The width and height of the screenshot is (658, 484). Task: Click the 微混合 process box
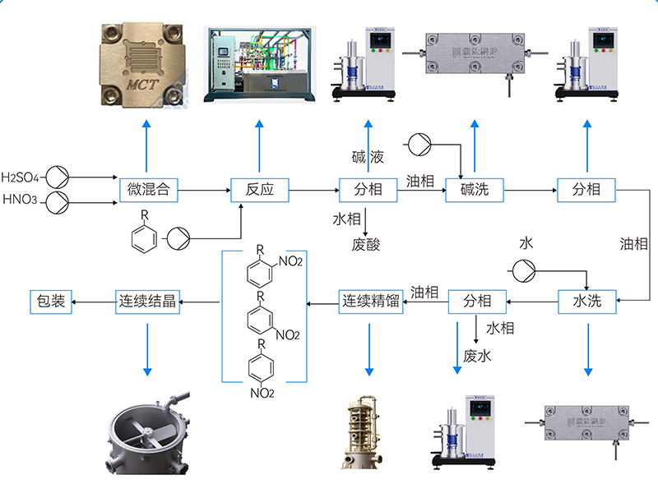(149, 190)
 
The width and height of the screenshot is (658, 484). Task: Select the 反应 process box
(259, 190)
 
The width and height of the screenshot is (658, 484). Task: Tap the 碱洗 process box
(474, 190)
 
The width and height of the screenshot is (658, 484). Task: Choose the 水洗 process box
(586, 302)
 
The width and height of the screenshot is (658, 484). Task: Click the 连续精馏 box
(370, 302)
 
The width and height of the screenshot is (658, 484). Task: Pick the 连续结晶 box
(146, 302)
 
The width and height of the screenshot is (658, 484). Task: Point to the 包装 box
(51, 302)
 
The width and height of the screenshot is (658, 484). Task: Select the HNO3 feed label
(20, 200)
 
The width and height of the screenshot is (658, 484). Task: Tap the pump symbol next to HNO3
(57, 201)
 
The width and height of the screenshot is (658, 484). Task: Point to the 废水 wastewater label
(477, 355)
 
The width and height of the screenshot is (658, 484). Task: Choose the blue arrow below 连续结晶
(147, 349)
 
